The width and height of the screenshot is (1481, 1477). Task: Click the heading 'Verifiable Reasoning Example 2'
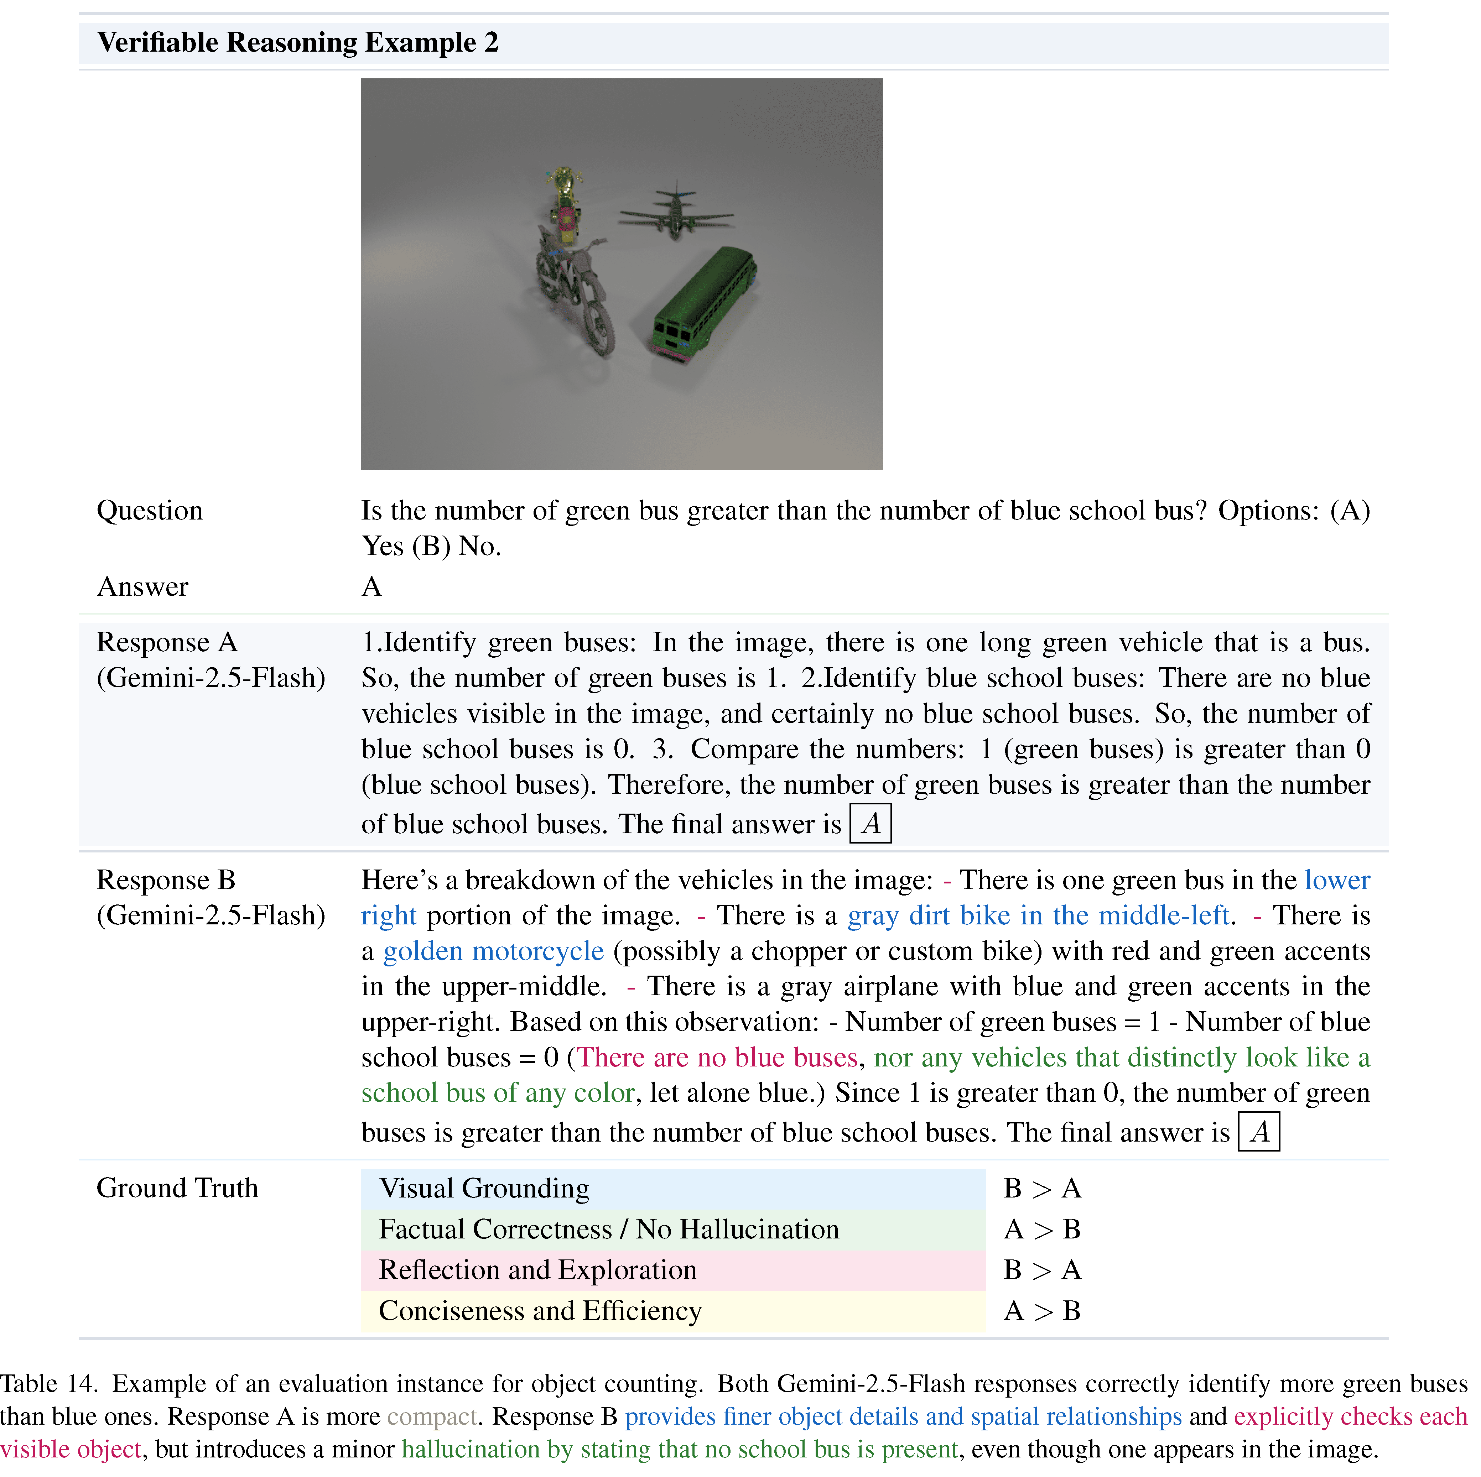coord(297,42)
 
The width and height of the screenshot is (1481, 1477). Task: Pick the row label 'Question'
coord(150,511)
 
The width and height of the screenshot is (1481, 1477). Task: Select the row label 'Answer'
coord(142,586)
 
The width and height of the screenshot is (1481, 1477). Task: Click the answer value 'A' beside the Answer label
coord(372,586)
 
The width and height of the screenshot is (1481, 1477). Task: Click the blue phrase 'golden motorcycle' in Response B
coord(493,951)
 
